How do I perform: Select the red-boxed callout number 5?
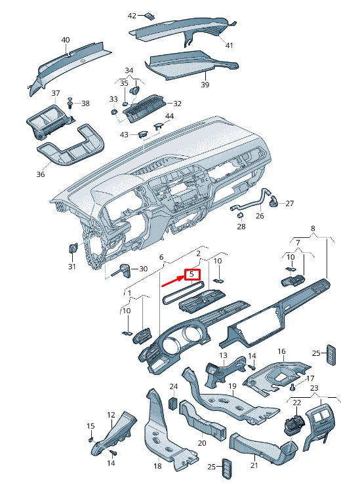coord(192,274)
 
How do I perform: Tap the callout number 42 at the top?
coord(132,15)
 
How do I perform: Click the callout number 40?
coord(66,40)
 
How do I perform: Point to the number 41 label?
coord(229,45)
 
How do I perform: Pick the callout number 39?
coord(205,85)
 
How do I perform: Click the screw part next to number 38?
coord(70,103)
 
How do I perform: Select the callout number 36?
coord(41,174)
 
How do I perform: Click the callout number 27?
coord(290,203)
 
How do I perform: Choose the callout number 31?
coord(72,267)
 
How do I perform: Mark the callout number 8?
coord(313,229)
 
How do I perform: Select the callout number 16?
coord(281,352)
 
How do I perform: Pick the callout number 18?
coord(157,466)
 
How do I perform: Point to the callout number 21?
coord(254,466)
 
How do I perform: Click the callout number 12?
coord(111,414)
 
